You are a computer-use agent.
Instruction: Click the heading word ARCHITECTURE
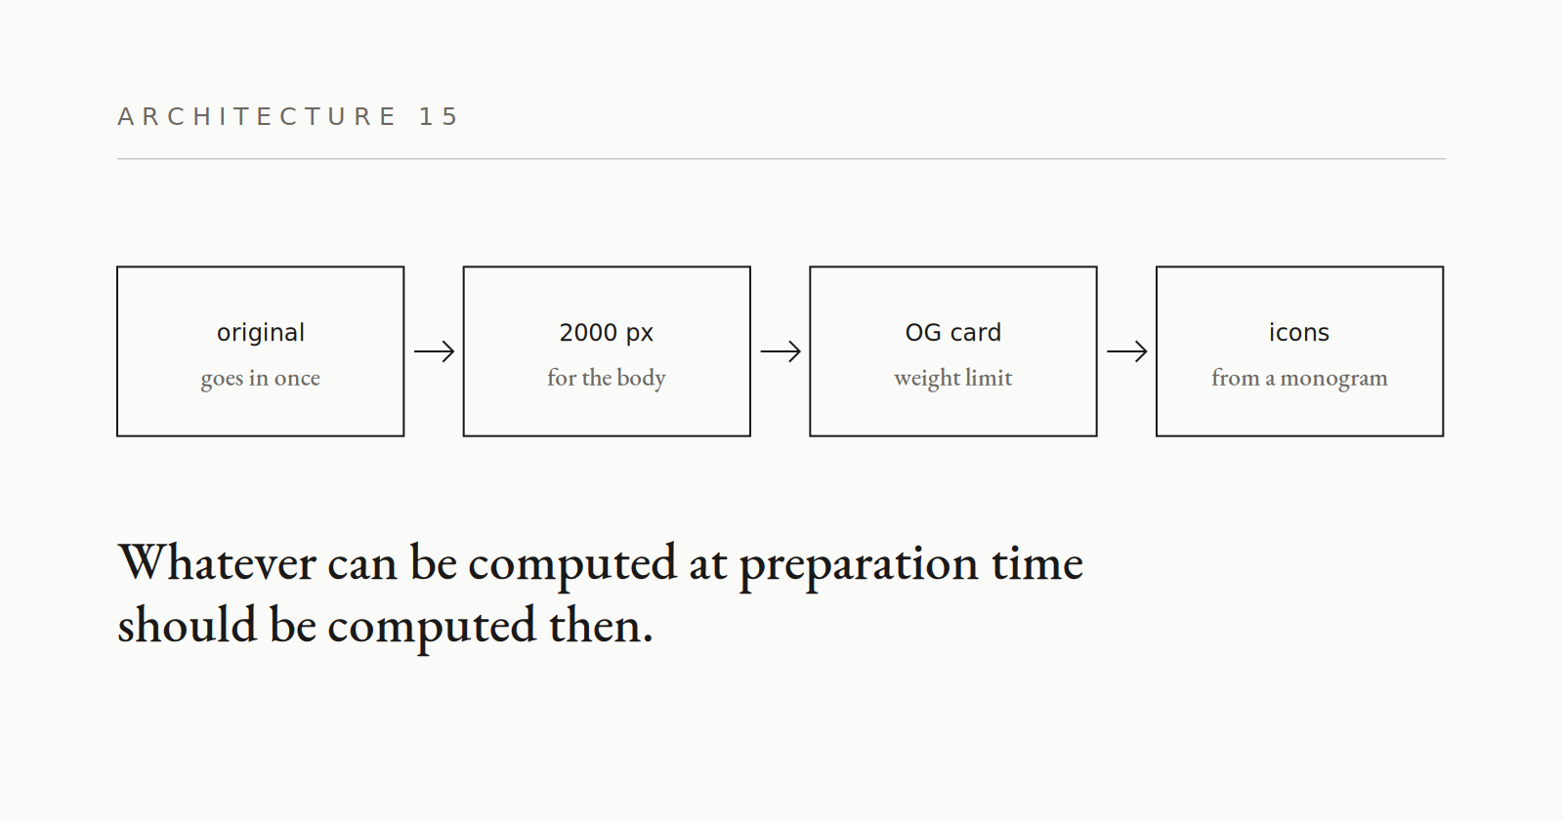257,116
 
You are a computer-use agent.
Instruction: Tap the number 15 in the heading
439,116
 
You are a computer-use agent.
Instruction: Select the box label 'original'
260,333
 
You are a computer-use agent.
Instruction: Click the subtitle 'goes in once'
260,379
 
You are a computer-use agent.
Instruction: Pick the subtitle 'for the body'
607,378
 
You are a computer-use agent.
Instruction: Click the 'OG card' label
953,333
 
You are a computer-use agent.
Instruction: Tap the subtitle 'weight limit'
953,379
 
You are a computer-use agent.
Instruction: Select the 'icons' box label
1299,333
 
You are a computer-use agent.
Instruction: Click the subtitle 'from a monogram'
1299,379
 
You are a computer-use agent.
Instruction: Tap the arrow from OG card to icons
1127,351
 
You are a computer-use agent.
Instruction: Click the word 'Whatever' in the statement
217,563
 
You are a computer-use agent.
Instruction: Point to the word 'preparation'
859,567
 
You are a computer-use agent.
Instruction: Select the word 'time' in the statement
1037,563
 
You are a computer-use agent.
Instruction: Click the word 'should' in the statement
187,625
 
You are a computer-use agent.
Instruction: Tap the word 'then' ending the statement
596,625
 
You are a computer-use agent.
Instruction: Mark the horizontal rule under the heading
781,159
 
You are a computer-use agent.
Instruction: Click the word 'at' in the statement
707,565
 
